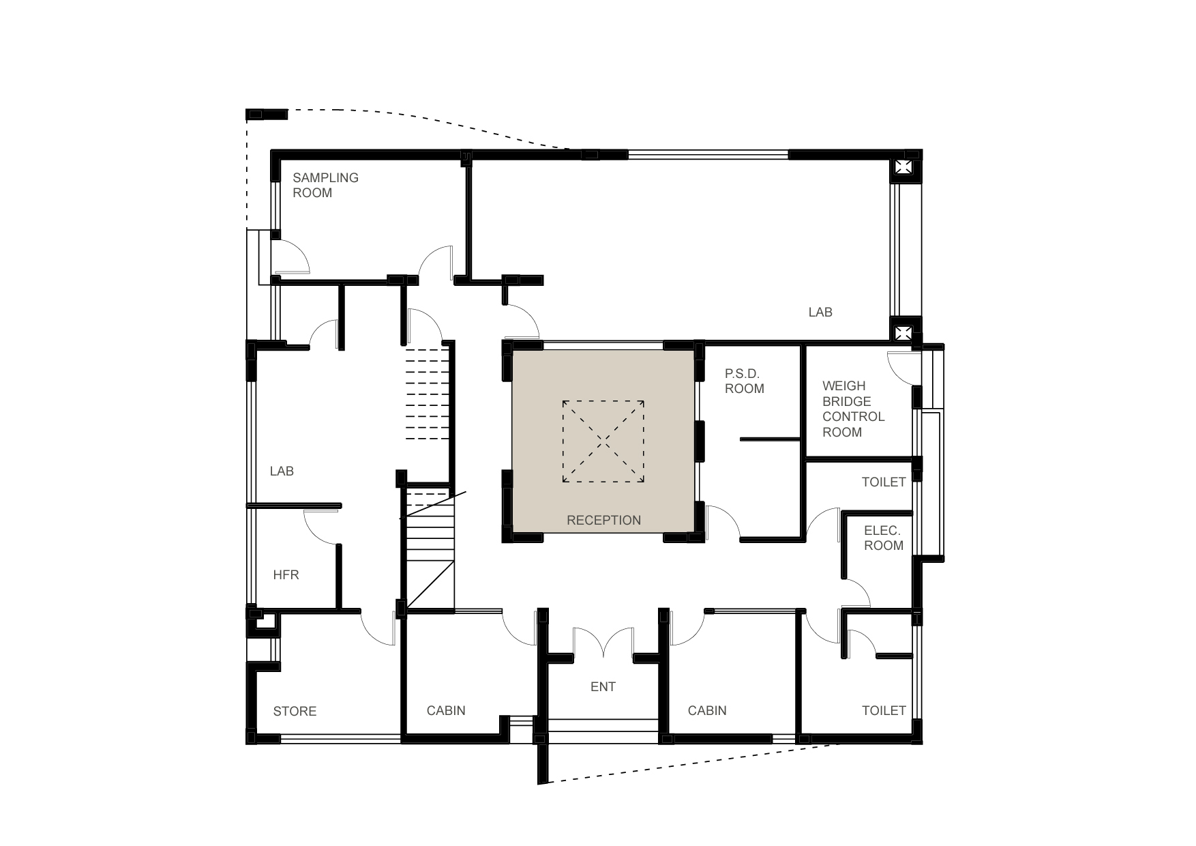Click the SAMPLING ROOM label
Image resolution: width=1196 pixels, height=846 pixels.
325,185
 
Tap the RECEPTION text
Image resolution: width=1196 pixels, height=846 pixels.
603,520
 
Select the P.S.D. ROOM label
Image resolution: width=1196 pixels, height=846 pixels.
744,381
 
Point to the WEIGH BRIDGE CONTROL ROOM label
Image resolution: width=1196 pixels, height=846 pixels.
853,409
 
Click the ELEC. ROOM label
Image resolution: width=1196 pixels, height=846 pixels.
883,538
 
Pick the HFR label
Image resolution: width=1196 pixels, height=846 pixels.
286,574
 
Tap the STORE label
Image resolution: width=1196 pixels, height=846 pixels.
295,711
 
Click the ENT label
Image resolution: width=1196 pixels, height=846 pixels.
603,686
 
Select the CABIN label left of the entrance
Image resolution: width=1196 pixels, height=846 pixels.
446,710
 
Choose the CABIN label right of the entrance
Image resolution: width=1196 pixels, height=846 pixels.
707,710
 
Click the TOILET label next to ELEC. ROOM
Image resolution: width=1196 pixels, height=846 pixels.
884,482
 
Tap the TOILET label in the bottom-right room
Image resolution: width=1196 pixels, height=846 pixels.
884,710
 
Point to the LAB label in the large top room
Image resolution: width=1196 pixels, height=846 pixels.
820,312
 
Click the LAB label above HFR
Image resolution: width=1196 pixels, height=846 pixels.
282,471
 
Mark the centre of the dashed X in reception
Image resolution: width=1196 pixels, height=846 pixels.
603,441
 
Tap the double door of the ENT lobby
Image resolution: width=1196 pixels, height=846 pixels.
603,643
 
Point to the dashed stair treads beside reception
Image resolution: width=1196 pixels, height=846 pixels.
428,394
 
